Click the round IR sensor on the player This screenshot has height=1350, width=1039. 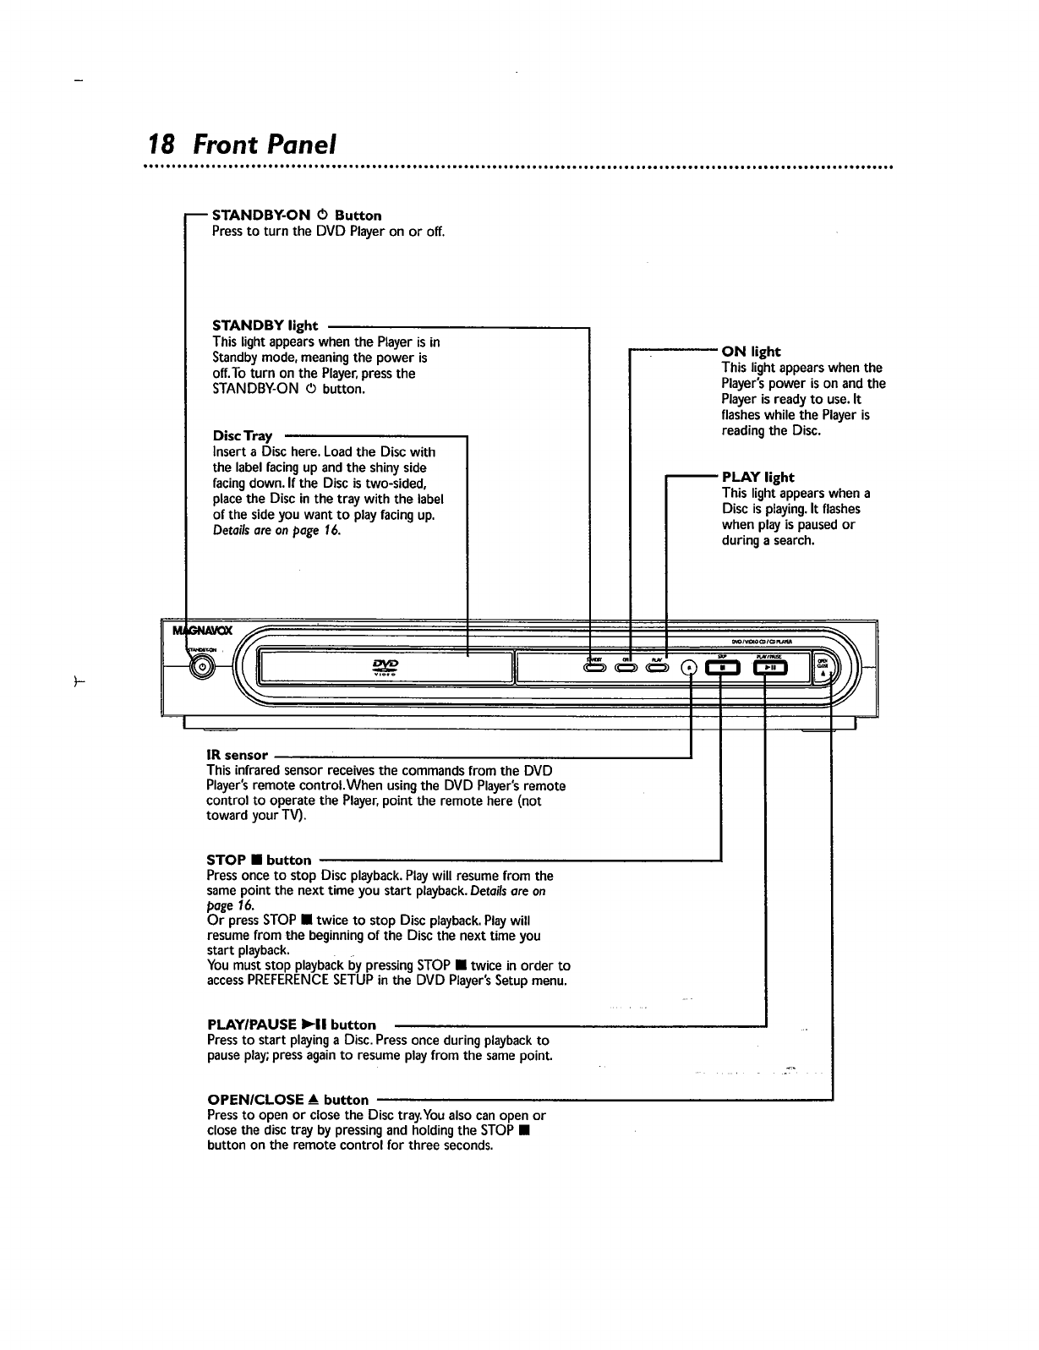click(x=690, y=667)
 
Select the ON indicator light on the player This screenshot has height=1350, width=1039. click(x=626, y=668)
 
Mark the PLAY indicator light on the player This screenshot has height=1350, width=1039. click(x=658, y=668)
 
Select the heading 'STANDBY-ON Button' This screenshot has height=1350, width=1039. click(x=296, y=216)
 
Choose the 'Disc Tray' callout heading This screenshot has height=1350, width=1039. click(x=243, y=436)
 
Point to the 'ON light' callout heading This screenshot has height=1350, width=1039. click(x=751, y=352)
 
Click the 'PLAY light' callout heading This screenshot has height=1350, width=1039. click(x=757, y=478)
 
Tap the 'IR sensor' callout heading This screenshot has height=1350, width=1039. click(x=237, y=755)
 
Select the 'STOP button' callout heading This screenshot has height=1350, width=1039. click(x=259, y=861)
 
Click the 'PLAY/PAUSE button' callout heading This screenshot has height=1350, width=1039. click(x=292, y=1025)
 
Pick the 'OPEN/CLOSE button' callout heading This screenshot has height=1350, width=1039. click(x=288, y=1100)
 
